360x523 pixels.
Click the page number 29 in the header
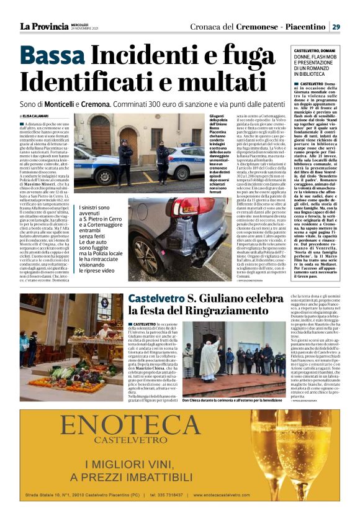[336, 27]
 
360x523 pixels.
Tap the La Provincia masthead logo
[44, 26]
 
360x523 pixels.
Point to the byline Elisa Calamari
[38, 116]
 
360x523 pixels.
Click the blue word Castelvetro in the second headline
[156, 299]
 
